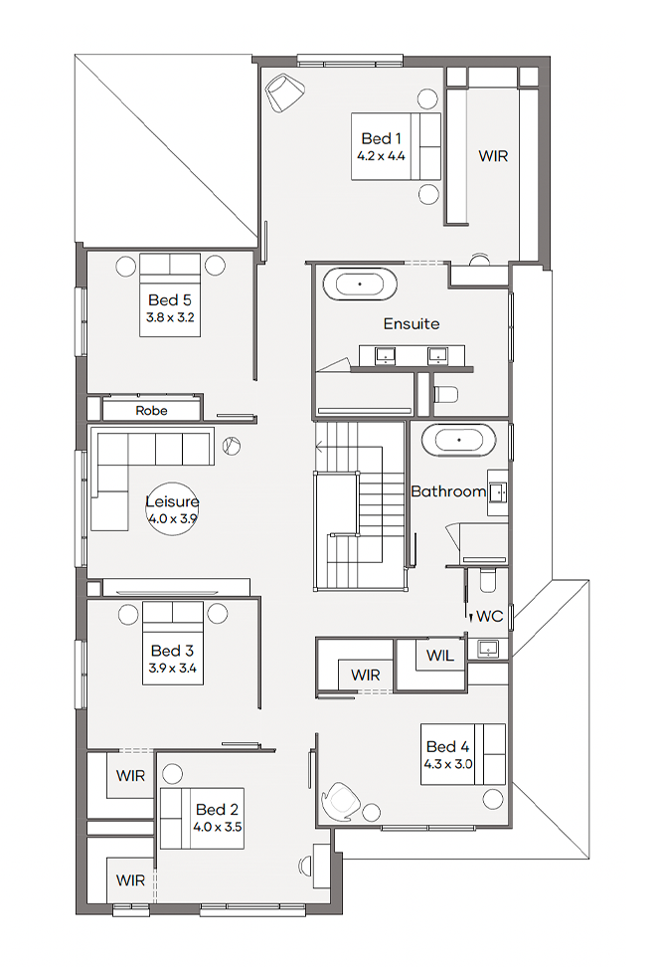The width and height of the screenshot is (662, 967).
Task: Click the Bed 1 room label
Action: [381, 138]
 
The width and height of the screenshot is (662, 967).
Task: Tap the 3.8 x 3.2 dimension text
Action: [170, 317]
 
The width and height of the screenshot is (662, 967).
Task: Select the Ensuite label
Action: [412, 323]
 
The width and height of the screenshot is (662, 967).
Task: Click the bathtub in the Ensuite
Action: [360, 285]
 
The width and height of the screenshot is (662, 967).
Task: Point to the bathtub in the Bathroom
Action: [458, 441]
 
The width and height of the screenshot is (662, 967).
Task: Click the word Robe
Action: [152, 411]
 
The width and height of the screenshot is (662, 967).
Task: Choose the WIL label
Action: [440, 656]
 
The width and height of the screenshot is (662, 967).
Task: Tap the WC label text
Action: [490, 616]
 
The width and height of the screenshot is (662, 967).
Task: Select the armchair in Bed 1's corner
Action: [284, 93]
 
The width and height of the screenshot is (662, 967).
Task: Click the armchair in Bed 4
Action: [340, 802]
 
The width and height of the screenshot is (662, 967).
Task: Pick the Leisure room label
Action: [173, 501]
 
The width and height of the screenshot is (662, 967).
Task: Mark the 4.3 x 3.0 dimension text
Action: [448, 764]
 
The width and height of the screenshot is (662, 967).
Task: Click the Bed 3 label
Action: [173, 651]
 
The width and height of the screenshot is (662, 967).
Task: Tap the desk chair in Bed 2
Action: [305, 866]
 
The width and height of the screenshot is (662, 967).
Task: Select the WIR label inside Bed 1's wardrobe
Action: [493, 156]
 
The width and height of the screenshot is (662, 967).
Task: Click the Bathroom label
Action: [448, 491]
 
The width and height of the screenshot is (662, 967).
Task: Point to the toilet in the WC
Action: [488, 580]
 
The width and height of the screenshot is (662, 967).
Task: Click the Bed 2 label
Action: [217, 809]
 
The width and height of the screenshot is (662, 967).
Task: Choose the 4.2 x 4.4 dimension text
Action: [381, 156]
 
